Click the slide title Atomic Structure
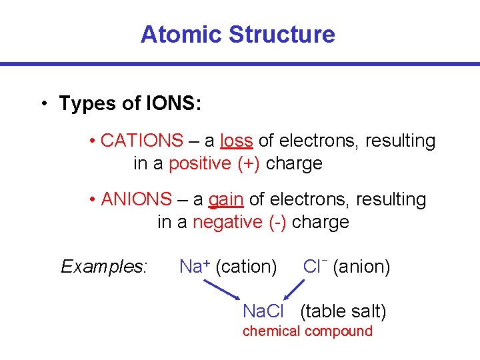tap(237, 34)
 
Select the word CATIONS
tap(141, 141)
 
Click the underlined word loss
tap(236, 141)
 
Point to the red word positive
tap(200, 163)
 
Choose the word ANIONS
tap(136, 199)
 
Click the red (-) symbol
tap(278, 222)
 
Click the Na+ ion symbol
tap(195, 267)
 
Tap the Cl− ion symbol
tap(314, 266)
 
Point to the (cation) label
tap(247, 267)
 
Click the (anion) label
tap(361, 267)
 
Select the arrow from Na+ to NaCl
tap(221, 290)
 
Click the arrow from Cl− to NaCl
tap(293, 290)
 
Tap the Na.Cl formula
tap(263, 311)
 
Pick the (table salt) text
tap(343, 311)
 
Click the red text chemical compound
tap(307, 331)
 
